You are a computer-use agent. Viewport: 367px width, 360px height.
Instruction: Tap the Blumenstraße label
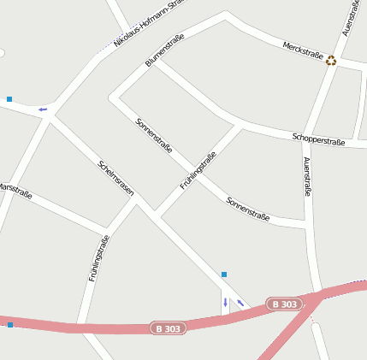coord(165,50)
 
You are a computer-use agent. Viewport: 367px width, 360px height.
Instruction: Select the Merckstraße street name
coord(301,50)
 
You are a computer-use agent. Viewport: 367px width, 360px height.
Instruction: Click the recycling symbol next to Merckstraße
coord(331,60)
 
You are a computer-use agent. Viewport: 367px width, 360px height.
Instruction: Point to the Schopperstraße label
coord(318,139)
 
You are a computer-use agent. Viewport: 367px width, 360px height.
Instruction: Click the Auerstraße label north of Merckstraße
coord(350,18)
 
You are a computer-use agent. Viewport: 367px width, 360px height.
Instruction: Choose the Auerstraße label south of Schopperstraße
coord(306,177)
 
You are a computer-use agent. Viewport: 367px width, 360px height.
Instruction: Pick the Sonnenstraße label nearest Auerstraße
coord(248,210)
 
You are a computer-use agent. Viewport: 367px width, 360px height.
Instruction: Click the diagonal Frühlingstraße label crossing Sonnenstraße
coord(198,170)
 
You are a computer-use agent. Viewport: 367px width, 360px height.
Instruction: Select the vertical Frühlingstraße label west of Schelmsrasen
coord(98,258)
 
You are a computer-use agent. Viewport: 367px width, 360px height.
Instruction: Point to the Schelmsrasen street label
coord(116,179)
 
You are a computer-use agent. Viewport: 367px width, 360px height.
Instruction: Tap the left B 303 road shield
coord(168,328)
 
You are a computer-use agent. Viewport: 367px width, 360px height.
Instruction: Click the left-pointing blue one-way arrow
coord(42,109)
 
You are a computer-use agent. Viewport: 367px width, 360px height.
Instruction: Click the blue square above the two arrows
coord(224,274)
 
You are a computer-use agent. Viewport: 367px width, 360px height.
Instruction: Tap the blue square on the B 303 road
coord(10,325)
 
